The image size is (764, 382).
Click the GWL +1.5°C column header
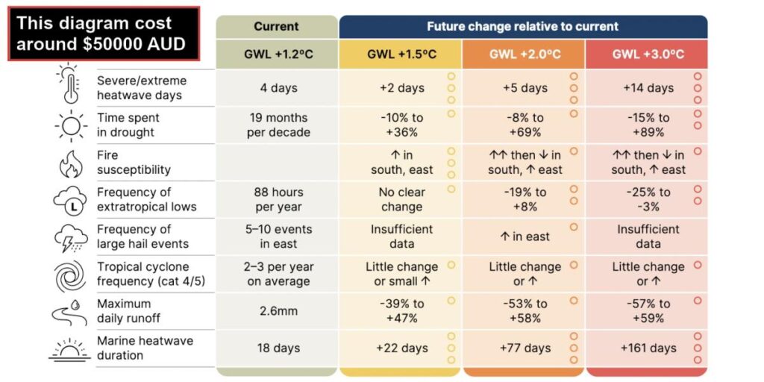(x=401, y=54)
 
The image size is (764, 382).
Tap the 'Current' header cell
(x=277, y=26)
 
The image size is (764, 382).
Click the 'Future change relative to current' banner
(x=523, y=26)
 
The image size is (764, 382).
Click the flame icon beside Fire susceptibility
(x=71, y=163)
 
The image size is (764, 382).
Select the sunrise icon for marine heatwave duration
(x=69, y=349)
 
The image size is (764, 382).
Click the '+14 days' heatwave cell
(x=648, y=88)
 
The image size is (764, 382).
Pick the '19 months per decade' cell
(x=278, y=125)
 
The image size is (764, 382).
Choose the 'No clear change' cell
(x=402, y=199)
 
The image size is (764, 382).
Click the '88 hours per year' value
(x=278, y=199)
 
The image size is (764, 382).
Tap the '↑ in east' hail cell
(x=525, y=237)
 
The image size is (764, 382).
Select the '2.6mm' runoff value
(x=278, y=311)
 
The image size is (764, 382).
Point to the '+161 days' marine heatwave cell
(x=648, y=348)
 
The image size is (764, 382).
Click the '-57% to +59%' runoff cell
(x=648, y=311)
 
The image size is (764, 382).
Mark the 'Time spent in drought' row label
(x=128, y=125)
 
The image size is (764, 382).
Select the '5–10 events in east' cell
(x=278, y=237)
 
